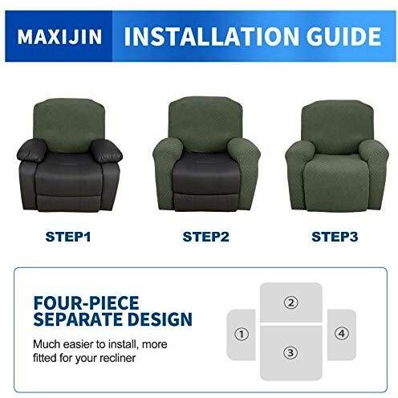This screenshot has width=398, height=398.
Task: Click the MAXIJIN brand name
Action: (x=59, y=36)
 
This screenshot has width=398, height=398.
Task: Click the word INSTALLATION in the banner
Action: (x=211, y=36)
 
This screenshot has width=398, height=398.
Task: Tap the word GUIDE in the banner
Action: (x=343, y=36)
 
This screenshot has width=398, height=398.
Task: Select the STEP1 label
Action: (x=68, y=237)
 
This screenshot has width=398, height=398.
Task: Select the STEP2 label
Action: (x=205, y=237)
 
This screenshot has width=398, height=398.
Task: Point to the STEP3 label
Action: (x=335, y=237)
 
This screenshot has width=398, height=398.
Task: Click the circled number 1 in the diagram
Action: (x=242, y=334)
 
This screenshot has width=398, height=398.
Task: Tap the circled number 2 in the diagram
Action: (x=290, y=303)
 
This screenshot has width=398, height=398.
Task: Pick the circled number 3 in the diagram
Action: (x=290, y=352)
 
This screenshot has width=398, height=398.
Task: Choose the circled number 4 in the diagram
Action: (x=342, y=334)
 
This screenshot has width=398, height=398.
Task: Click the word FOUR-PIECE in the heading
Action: (x=86, y=303)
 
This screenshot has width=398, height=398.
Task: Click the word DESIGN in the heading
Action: (x=160, y=319)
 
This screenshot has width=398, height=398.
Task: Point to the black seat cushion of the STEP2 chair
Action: (x=205, y=171)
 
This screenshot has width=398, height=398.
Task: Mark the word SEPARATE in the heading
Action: (x=79, y=319)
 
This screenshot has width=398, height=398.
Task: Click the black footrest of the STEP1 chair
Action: (x=69, y=203)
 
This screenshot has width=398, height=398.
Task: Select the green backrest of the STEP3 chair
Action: (x=338, y=127)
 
